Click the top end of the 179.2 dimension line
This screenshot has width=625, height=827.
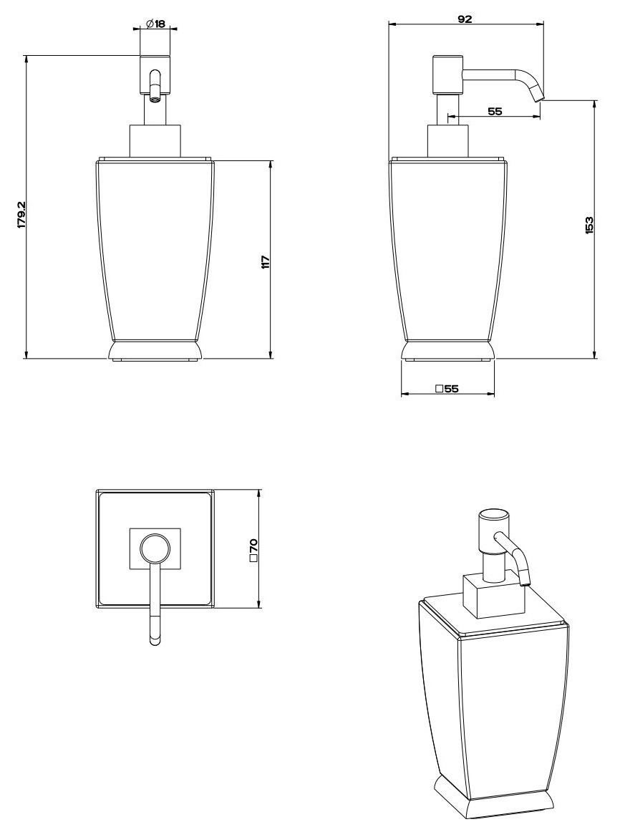click(x=26, y=55)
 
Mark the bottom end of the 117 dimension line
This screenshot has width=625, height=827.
click(x=271, y=358)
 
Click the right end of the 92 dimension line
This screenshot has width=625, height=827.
click(x=543, y=23)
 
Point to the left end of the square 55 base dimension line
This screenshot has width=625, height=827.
click(x=402, y=394)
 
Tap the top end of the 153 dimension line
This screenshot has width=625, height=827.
click(x=595, y=101)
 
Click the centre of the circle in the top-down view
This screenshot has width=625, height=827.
click(x=155, y=548)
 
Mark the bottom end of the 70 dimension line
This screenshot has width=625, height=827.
click(x=259, y=608)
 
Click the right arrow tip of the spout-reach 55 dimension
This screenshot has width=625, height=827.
click(x=541, y=116)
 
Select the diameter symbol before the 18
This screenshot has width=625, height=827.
click(x=149, y=24)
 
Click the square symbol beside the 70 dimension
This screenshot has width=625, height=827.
click(x=253, y=558)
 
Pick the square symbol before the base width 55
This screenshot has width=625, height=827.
click(x=439, y=389)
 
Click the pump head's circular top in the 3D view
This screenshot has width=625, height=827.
click(x=494, y=516)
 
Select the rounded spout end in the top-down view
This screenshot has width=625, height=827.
click(x=155, y=640)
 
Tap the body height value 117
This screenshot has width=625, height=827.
click(x=266, y=261)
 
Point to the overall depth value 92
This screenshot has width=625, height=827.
click(x=465, y=19)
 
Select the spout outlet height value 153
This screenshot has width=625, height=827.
click(x=589, y=226)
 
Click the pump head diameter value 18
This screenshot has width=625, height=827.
click(x=160, y=24)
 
